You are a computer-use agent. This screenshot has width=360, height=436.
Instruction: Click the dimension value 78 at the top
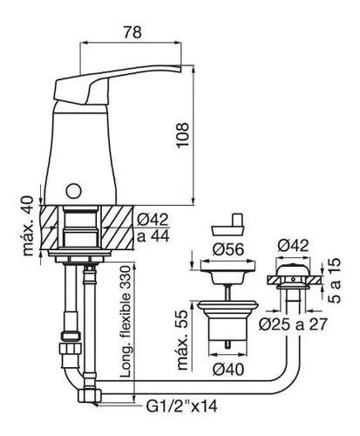click(x=132, y=32)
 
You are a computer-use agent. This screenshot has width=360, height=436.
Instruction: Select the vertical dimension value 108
click(x=183, y=135)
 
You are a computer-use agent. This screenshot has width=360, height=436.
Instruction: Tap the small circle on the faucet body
click(x=73, y=191)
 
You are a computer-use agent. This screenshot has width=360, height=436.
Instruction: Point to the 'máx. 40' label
click(x=29, y=227)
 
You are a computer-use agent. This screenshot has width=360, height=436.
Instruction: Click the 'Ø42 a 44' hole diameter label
click(x=153, y=228)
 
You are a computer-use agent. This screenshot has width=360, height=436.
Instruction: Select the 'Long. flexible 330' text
click(x=126, y=322)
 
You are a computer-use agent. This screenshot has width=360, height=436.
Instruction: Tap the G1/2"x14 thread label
click(x=181, y=405)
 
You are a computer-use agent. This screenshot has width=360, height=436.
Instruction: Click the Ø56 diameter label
click(x=228, y=249)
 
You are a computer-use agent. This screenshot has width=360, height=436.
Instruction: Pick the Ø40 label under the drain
click(x=228, y=370)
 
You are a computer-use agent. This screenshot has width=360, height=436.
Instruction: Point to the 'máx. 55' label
click(x=183, y=340)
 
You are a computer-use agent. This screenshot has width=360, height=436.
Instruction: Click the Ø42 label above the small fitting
click(x=293, y=246)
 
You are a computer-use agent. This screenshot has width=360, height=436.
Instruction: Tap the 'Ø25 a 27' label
click(x=293, y=324)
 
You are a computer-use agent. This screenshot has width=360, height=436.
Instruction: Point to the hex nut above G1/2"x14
click(x=90, y=395)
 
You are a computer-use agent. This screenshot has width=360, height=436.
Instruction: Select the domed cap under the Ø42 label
click(x=293, y=270)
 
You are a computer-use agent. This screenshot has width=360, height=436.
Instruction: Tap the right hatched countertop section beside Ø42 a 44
click(x=118, y=227)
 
